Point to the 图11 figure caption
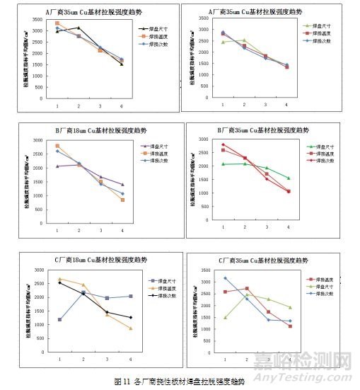(x=178, y=382)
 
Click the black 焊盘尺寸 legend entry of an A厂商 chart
(x=153, y=27)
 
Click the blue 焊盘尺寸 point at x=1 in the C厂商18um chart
(x=59, y=319)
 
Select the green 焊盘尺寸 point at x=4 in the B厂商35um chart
(x=289, y=178)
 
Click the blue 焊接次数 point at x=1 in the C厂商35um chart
(x=225, y=278)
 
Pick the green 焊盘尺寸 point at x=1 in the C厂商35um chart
(x=225, y=317)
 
